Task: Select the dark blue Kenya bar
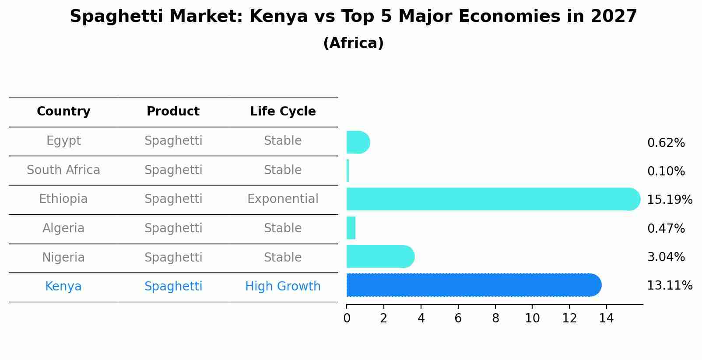click(x=473, y=285)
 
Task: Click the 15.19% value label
click(x=669, y=200)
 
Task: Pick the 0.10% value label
click(x=666, y=171)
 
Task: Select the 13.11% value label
click(x=669, y=286)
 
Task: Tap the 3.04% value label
click(x=666, y=257)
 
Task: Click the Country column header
click(x=63, y=112)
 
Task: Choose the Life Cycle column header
click(x=283, y=112)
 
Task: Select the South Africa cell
click(x=63, y=170)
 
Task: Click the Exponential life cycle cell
click(x=283, y=199)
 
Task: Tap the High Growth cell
click(x=283, y=287)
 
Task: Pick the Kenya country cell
click(x=63, y=287)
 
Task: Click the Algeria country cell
click(x=63, y=228)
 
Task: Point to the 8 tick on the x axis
click(x=495, y=318)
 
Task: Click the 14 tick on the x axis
click(x=606, y=318)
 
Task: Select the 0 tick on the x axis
click(x=347, y=318)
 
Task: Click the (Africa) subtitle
click(x=353, y=43)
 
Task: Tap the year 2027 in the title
click(x=614, y=17)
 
